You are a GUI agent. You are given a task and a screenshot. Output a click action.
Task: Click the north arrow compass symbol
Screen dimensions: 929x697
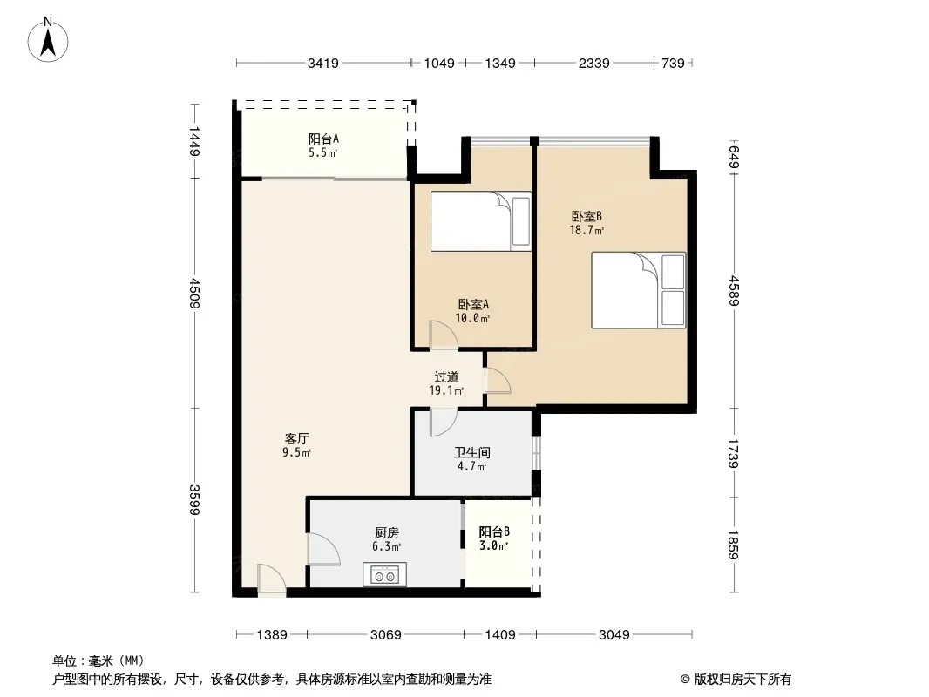(48, 40)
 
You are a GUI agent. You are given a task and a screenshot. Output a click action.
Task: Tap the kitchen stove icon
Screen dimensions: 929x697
(384, 574)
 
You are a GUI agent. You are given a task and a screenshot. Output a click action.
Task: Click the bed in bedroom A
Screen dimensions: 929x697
(480, 221)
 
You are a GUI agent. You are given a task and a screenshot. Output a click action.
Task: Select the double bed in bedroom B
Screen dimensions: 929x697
(639, 290)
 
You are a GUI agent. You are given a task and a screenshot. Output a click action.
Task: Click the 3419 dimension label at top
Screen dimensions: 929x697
(323, 64)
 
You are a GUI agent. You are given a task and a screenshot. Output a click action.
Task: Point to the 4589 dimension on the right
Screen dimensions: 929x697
(735, 291)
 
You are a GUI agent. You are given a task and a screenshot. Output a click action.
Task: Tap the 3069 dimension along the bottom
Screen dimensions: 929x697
(386, 635)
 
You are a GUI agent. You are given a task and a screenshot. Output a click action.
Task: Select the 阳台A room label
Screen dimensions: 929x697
(323, 139)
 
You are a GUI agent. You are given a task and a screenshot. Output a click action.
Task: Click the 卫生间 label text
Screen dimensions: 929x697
(472, 453)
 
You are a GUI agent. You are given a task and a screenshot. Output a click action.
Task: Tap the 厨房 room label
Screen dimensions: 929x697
(386, 533)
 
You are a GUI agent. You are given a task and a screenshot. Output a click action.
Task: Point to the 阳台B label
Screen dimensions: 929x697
(494, 531)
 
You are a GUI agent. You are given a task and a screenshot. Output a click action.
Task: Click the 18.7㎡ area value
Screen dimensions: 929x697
(587, 230)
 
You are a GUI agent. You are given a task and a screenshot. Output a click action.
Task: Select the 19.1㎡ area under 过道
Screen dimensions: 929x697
(446, 390)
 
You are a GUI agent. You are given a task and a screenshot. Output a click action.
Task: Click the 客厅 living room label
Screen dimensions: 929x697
(297, 439)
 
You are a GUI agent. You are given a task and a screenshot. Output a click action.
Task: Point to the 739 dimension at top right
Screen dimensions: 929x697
(673, 64)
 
